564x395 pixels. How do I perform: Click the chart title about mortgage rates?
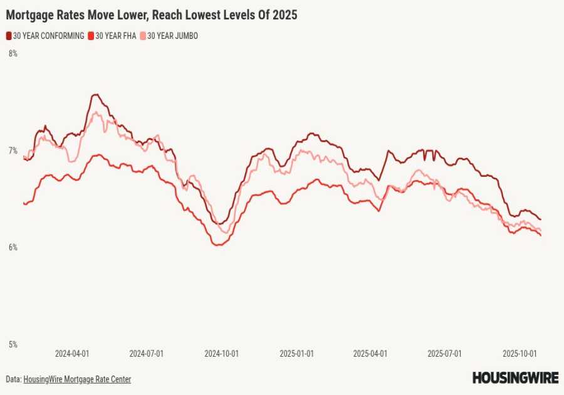[x=152, y=14]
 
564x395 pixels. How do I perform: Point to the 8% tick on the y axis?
[x=13, y=54]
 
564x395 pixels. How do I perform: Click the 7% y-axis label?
[x=13, y=150]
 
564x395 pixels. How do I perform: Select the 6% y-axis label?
[x=13, y=248]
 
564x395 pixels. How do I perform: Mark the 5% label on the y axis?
[x=13, y=344]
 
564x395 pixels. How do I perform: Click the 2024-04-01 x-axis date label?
[x=72, y=354]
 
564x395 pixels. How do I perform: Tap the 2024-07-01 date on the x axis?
[x=147, y=354]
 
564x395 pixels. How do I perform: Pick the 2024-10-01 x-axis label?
[x=221, y=354]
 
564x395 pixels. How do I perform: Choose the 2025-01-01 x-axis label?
[x=296, y=354]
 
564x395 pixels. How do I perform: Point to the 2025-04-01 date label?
[x=370, y=354]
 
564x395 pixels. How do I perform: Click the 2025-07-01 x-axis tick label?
[x=445, y=354]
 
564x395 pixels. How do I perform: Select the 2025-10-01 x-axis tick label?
[x=520, y=354]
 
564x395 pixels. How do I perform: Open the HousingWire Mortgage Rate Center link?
[x=77, y=379]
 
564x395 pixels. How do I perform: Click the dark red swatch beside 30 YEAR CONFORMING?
[x=9, y=36]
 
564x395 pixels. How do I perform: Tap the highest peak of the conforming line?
[x=95, y=95]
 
